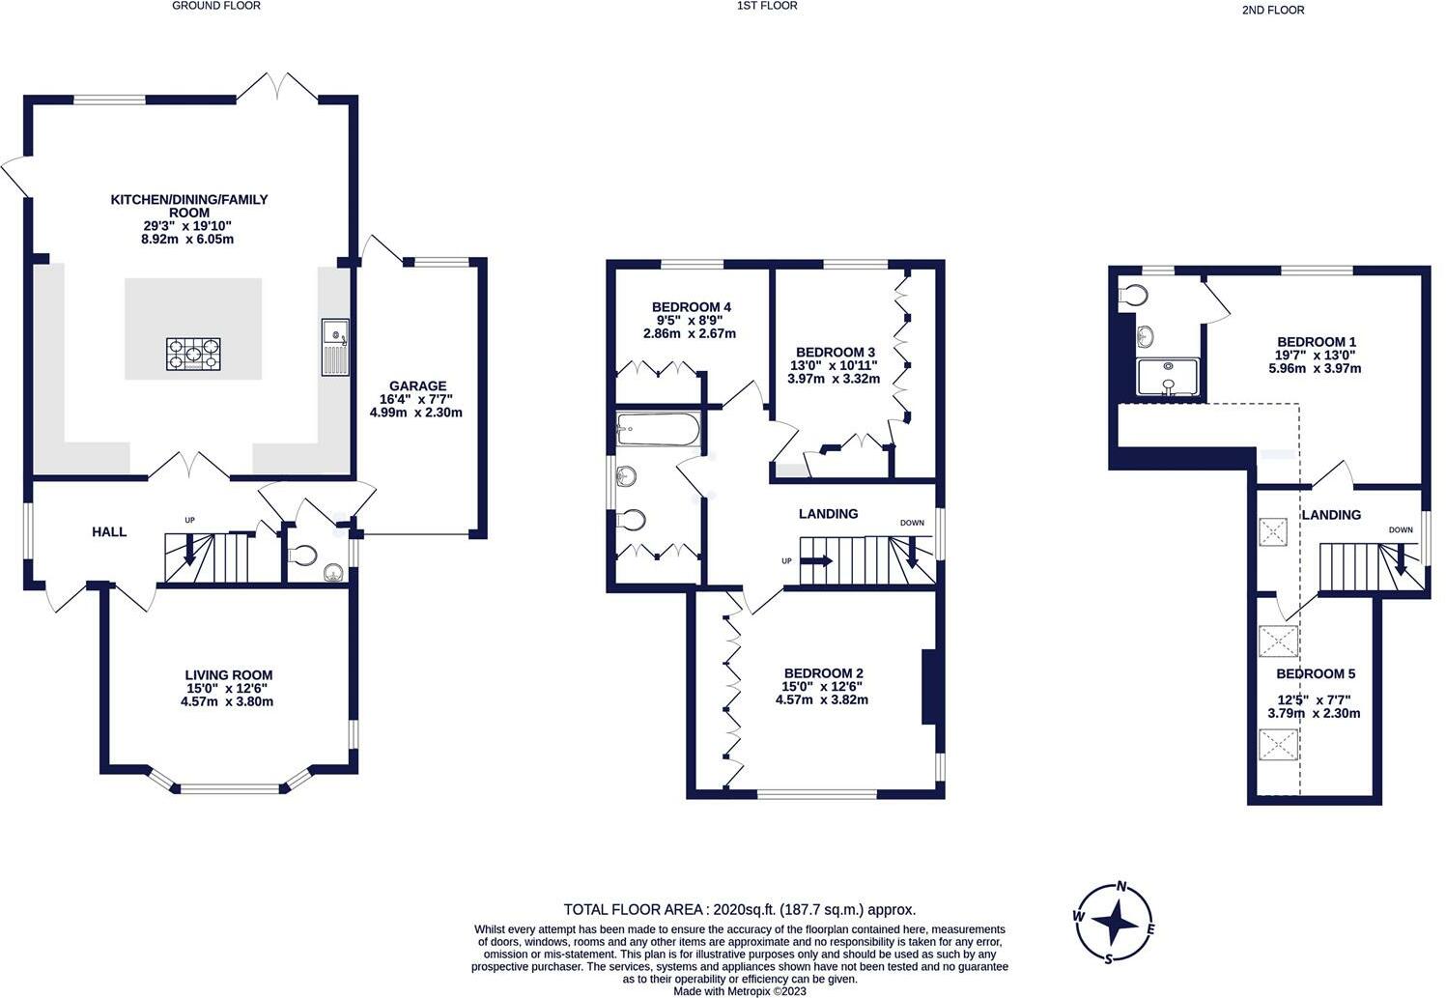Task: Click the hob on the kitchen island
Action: (x=193, y=354)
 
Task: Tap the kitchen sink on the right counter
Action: (x=335, y=346)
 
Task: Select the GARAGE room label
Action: (x=417, y=385)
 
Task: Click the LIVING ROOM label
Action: (x=229, y=675)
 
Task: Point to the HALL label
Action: (x=109, y=531)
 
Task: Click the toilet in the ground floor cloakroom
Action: (x=302, y=556)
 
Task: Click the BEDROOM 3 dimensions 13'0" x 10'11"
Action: (x=836, y=365)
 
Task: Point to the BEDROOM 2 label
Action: (x=823, y=673)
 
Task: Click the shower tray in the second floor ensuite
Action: (x=1169, y=378)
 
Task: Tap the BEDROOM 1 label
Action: (x=1317, y=342)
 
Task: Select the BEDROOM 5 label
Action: (x=1309, y=673)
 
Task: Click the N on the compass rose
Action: (x=1122, y=887)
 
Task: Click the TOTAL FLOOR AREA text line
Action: (x=739, y=909)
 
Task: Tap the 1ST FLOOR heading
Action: (x=767, y=6)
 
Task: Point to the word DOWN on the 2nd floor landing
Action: (x=1400, y=529)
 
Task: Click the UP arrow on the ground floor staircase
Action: (x=189, y=548)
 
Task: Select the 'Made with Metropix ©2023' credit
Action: (x=739, y=990)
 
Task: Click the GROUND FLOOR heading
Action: (x=216, y=6)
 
